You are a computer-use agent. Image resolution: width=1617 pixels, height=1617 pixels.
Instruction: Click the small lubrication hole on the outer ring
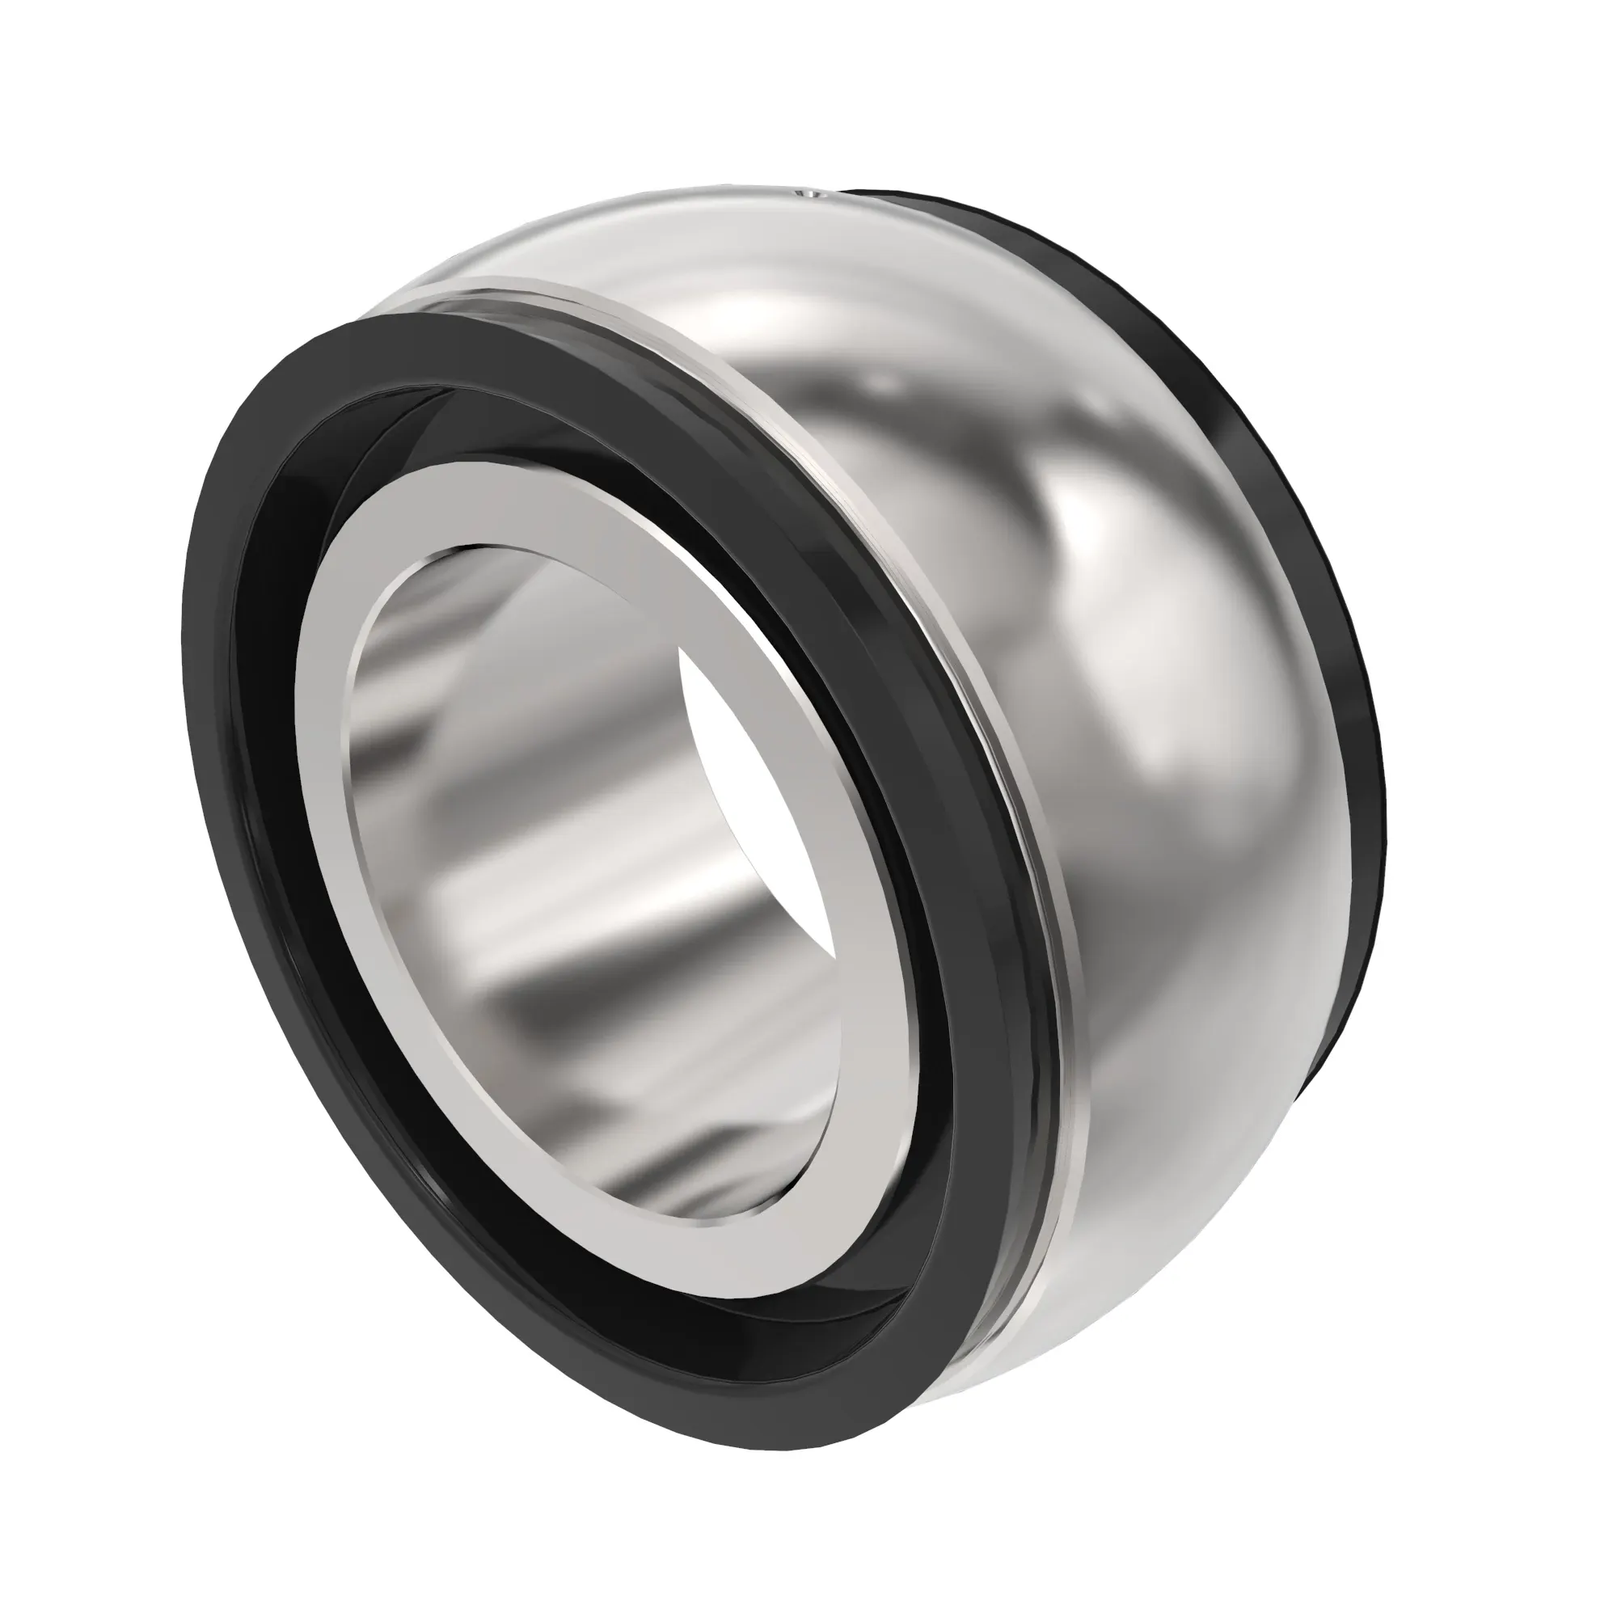point(810,195)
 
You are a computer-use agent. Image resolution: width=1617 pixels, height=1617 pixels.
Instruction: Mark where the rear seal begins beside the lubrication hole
point(846,194)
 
